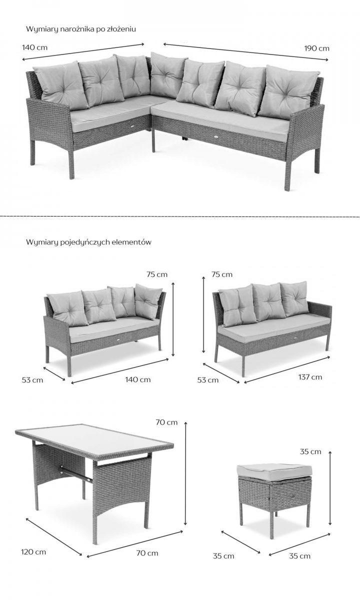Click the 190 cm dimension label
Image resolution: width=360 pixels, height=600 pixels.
click(316, 48)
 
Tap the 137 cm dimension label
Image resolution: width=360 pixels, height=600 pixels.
click(310, 377)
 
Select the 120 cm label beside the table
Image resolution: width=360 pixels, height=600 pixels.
click(33, 552)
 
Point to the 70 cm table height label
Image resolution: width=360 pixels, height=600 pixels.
click(166, 422)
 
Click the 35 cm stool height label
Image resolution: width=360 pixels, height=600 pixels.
click(310, 451)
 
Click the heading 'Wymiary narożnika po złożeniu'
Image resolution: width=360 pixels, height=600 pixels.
click(81, 29)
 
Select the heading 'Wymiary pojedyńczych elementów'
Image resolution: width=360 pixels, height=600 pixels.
click(88, 242)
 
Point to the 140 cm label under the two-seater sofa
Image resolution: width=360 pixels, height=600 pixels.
click(138, 379)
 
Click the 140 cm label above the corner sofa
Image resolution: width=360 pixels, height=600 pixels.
click(34, 47)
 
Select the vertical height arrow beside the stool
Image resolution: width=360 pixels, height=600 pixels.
click(330, 488)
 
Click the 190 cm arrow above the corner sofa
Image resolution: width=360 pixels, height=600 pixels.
click(245, 51)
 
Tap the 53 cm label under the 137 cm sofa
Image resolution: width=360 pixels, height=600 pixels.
click(208, 380)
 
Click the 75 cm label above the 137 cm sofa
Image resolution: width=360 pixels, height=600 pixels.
click(222, 274)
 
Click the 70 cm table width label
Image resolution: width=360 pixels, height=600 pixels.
click(147, 553)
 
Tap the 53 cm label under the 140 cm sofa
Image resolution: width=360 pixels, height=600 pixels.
click(32, 380)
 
